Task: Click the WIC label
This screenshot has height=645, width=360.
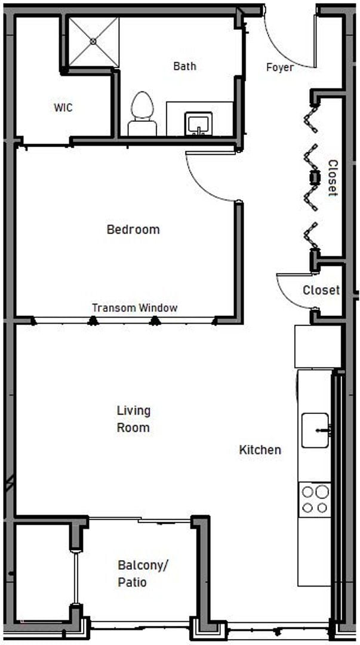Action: point(63,107)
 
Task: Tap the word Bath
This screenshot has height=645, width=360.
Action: point(184,66)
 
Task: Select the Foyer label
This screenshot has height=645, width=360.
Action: point(279,67)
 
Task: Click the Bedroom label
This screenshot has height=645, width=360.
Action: point(133,229)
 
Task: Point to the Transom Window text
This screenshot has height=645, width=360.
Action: point(134,308)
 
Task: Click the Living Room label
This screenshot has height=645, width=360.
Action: point(133,419)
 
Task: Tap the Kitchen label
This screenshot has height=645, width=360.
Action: point(260,450)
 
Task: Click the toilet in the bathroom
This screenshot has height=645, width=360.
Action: point(142,106)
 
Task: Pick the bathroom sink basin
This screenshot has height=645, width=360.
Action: point(197,124)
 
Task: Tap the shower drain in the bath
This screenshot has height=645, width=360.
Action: point(94,41)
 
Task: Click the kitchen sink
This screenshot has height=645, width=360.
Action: point(315,430)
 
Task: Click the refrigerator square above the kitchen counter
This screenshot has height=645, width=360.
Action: point(317,346)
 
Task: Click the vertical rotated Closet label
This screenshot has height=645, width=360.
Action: point(333,178)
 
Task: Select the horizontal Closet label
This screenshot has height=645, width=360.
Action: point(321,291)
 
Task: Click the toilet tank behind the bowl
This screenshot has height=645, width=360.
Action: point(142,128)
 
